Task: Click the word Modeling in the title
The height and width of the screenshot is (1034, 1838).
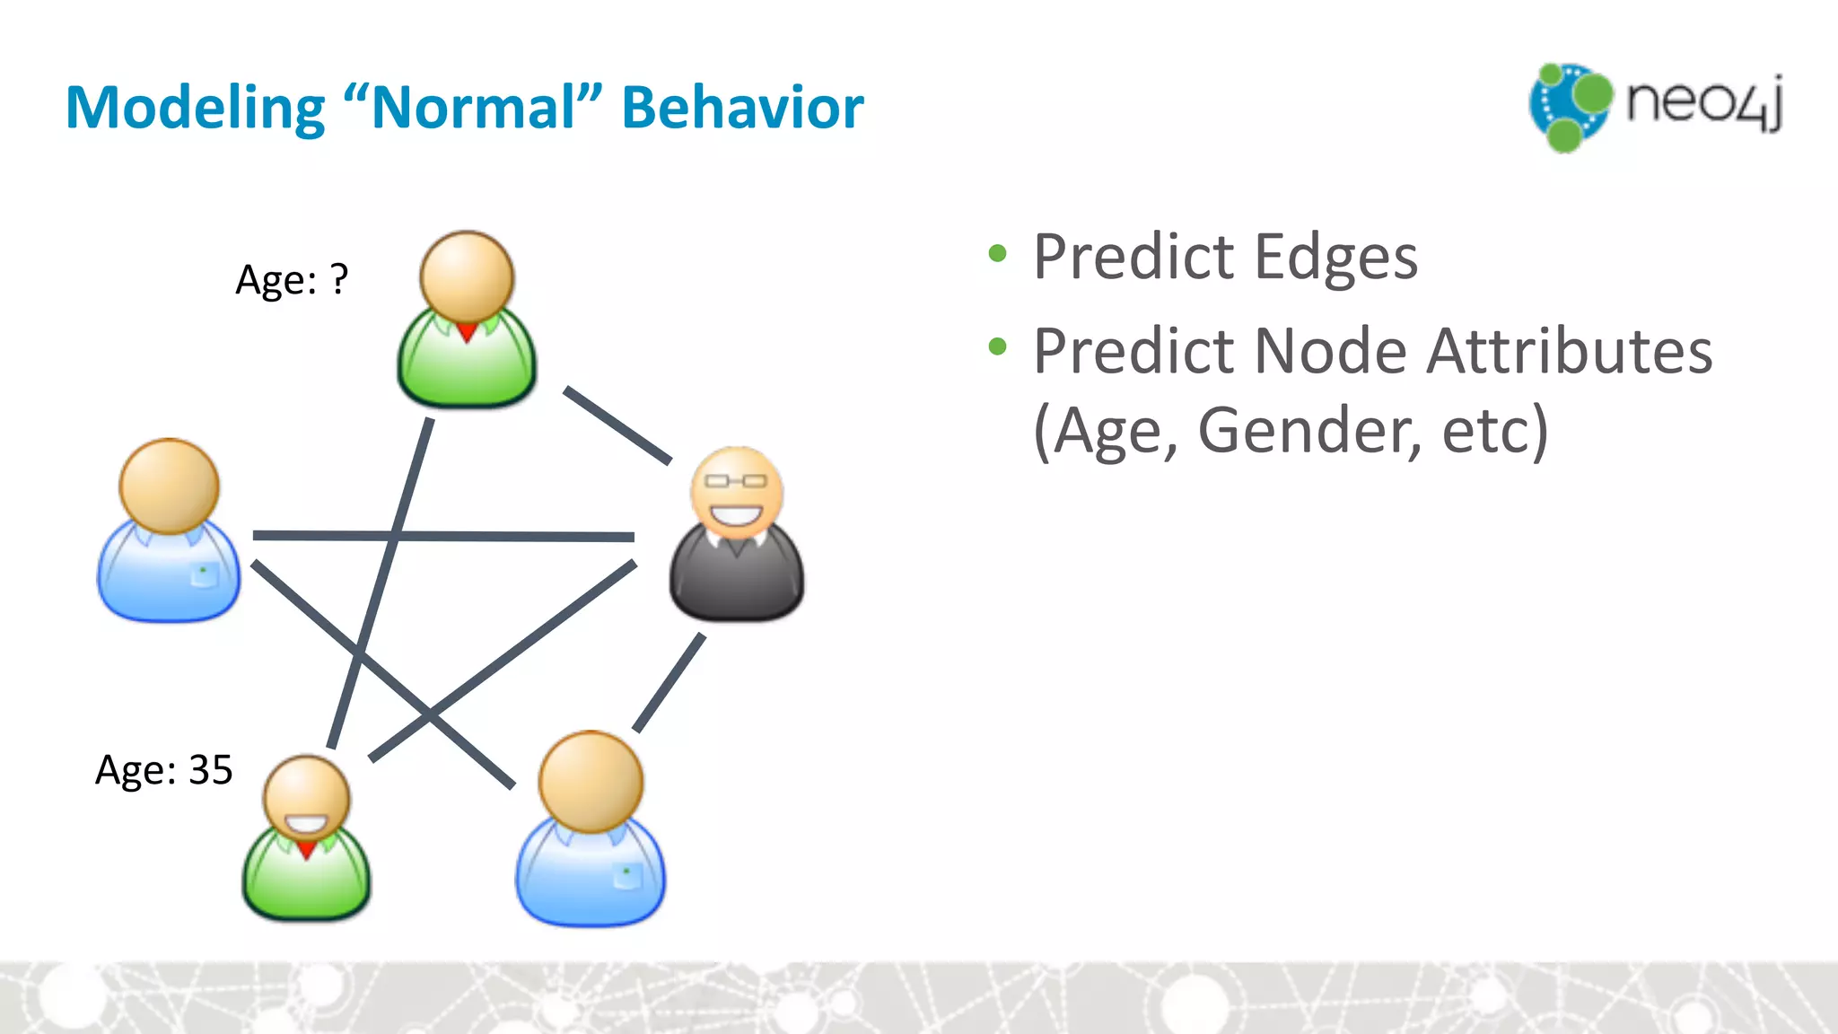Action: tap(195, 109)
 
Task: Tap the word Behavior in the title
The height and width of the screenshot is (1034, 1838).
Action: tap(742, 109)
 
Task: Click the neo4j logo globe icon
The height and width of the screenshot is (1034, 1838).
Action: tap(1570, 106)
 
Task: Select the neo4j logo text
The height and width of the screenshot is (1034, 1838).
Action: tap(1703, 103)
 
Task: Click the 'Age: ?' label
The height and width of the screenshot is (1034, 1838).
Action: tap(291, 280)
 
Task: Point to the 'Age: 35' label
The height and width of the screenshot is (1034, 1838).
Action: tap(163, 770)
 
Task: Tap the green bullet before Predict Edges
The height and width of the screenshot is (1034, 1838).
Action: tap(997, 254)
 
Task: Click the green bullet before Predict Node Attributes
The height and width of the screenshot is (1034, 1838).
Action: tap(997, 346)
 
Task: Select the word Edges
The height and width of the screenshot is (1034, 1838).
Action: tap(1335, 258)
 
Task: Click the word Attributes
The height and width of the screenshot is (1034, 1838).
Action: tap(1570, 351)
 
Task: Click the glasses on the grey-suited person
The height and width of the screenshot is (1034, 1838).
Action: tap(736, 481)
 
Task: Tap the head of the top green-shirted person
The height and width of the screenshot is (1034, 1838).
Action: tap(467, 276)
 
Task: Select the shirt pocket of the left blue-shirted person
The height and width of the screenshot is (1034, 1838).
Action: tap(204, 574)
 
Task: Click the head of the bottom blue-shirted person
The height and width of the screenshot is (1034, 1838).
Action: tap(591, 781)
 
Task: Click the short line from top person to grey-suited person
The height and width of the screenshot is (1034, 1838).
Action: tap(617, 425)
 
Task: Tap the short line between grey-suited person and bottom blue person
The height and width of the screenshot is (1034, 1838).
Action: tap(669, 683)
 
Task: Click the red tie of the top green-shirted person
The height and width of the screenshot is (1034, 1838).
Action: tap(467, 332)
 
